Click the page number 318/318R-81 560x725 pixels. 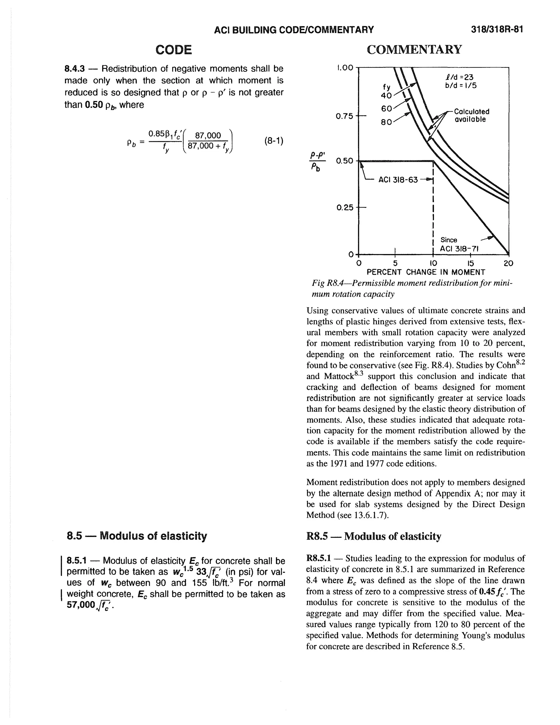click(x=497, y=30)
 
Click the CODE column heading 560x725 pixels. click(x=174, y=50)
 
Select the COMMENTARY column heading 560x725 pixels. click(x=414, y=50)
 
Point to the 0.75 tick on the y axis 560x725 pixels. click(x=344, y=116)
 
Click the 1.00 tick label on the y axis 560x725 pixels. click(x=344, y=68)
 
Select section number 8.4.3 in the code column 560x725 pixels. click(x=75, y=69)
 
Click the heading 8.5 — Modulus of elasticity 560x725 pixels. click(x=136, y=535)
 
